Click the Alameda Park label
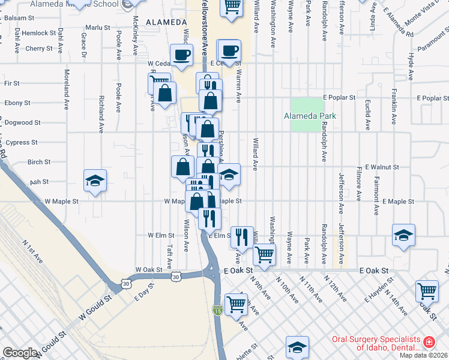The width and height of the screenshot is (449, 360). tap(310, 116)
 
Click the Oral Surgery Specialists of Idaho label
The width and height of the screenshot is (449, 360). tap(377, 343)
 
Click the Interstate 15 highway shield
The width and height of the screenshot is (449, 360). tap(217, 310)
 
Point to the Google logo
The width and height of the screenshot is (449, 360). tap(20, 353)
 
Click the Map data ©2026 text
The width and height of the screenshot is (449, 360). tap(424, 355)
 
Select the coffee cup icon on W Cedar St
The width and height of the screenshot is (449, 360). tap(181, 55)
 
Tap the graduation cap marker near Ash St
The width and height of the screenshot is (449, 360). tap(95, 181)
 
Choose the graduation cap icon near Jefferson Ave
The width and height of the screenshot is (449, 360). tap(403, 236)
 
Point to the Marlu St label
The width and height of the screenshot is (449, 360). tap(98, 28)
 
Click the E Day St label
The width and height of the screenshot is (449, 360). tap(143, 293)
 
